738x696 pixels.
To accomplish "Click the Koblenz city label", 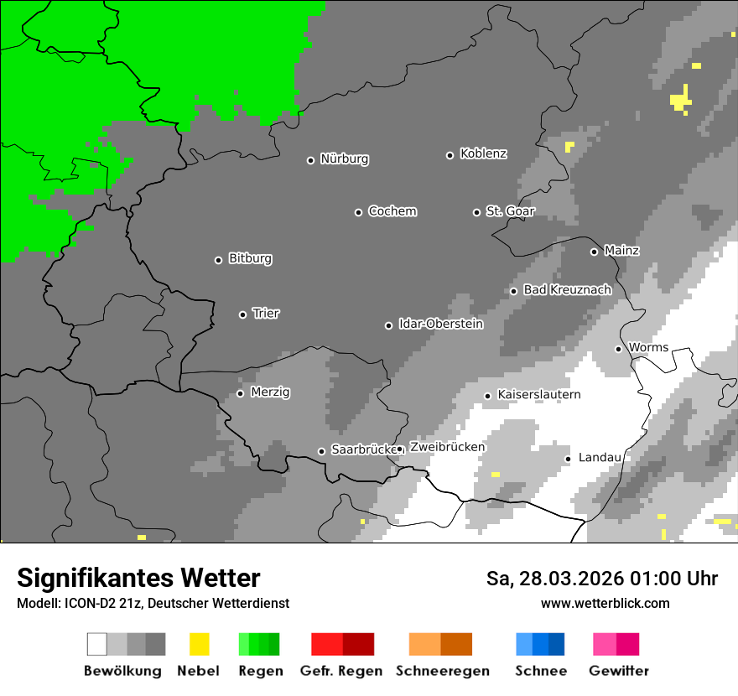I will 483,154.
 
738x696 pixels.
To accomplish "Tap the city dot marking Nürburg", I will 310,160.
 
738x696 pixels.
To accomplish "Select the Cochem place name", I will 392,211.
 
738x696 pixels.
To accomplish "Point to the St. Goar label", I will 510,211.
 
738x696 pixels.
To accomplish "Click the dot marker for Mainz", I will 594,252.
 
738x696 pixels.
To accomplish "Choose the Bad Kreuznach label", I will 567,290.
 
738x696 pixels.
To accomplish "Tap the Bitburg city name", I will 250,259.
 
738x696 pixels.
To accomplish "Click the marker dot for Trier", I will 242,314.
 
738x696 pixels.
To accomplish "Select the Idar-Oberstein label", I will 440,325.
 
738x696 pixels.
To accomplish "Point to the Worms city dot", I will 618,349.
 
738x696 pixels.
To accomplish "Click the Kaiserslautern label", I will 538,395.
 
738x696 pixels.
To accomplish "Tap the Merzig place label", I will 270,392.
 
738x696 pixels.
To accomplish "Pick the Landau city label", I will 600,458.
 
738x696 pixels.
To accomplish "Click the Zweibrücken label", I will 447,447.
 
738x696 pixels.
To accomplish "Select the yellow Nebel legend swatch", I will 199,644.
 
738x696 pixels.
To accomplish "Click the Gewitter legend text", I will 618,671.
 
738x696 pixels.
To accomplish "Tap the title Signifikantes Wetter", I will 138,578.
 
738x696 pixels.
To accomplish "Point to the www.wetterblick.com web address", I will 605,603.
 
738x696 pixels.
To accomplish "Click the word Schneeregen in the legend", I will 442,671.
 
